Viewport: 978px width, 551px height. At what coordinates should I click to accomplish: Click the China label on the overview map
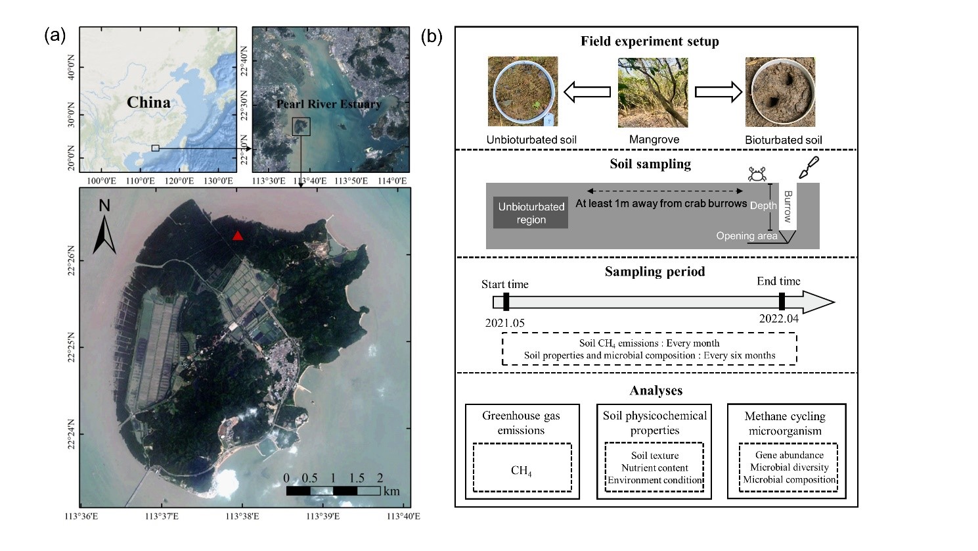click(x=148, y=103)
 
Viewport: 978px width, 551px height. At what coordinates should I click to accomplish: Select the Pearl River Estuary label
click(x=328, y=104)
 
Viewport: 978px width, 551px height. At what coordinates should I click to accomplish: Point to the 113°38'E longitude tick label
click(x=242, y=516)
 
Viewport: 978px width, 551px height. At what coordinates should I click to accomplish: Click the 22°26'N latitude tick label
click(x=71, y=261)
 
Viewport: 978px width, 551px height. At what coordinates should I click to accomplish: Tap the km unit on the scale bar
click(x=391, y=491)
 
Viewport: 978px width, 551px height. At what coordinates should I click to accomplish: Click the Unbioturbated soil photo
click(x=523, y=91)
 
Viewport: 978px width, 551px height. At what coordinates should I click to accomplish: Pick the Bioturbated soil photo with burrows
click(x=780, y=92)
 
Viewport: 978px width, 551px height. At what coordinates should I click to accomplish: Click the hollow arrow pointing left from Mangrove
click(x=587, y=92)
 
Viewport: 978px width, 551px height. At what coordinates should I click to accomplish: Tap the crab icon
click(x=757, y=174)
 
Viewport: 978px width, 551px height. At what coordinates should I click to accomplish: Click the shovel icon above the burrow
click(x=808, y=167)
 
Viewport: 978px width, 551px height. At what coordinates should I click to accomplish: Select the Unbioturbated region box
click(x=531, y=213)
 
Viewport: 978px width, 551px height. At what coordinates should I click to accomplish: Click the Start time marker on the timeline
click(x=506, y=302)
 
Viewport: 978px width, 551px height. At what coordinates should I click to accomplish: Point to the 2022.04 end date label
click(x=779, y=318)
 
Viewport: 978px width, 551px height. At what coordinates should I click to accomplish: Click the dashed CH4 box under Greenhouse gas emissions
click(x=522, y=467)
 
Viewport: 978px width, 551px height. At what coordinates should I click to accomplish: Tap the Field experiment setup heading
click(x=650, y=41)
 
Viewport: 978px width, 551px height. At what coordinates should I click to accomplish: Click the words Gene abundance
click(x=789, y=455)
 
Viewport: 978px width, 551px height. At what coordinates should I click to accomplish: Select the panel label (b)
click(x=432, y=36)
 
